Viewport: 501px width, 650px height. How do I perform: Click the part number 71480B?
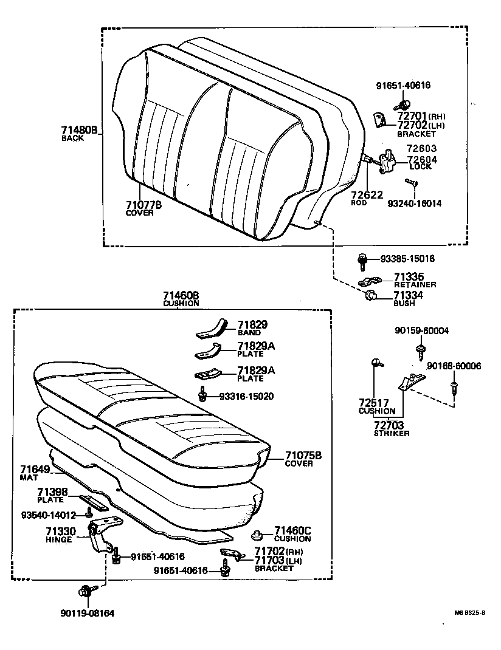coord(78,130)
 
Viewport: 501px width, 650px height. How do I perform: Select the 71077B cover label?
coord(143,205)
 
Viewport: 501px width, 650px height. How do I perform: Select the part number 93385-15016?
coord(406,259)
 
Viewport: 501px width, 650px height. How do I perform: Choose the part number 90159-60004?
coord(421,330)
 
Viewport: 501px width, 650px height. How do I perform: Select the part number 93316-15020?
coord(246,396)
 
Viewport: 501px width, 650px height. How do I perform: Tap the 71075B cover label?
coord(302,456)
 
